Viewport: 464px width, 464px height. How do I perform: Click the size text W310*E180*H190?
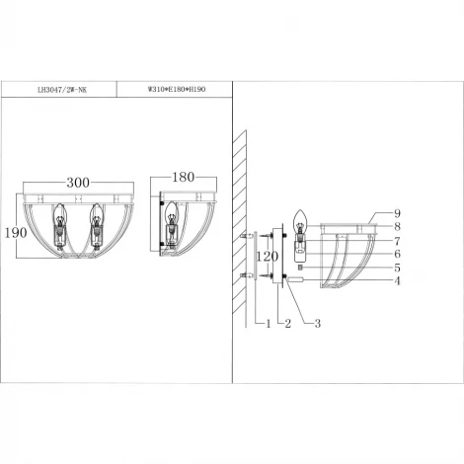point(174,89)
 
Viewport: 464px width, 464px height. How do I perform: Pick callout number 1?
point(259,323)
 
